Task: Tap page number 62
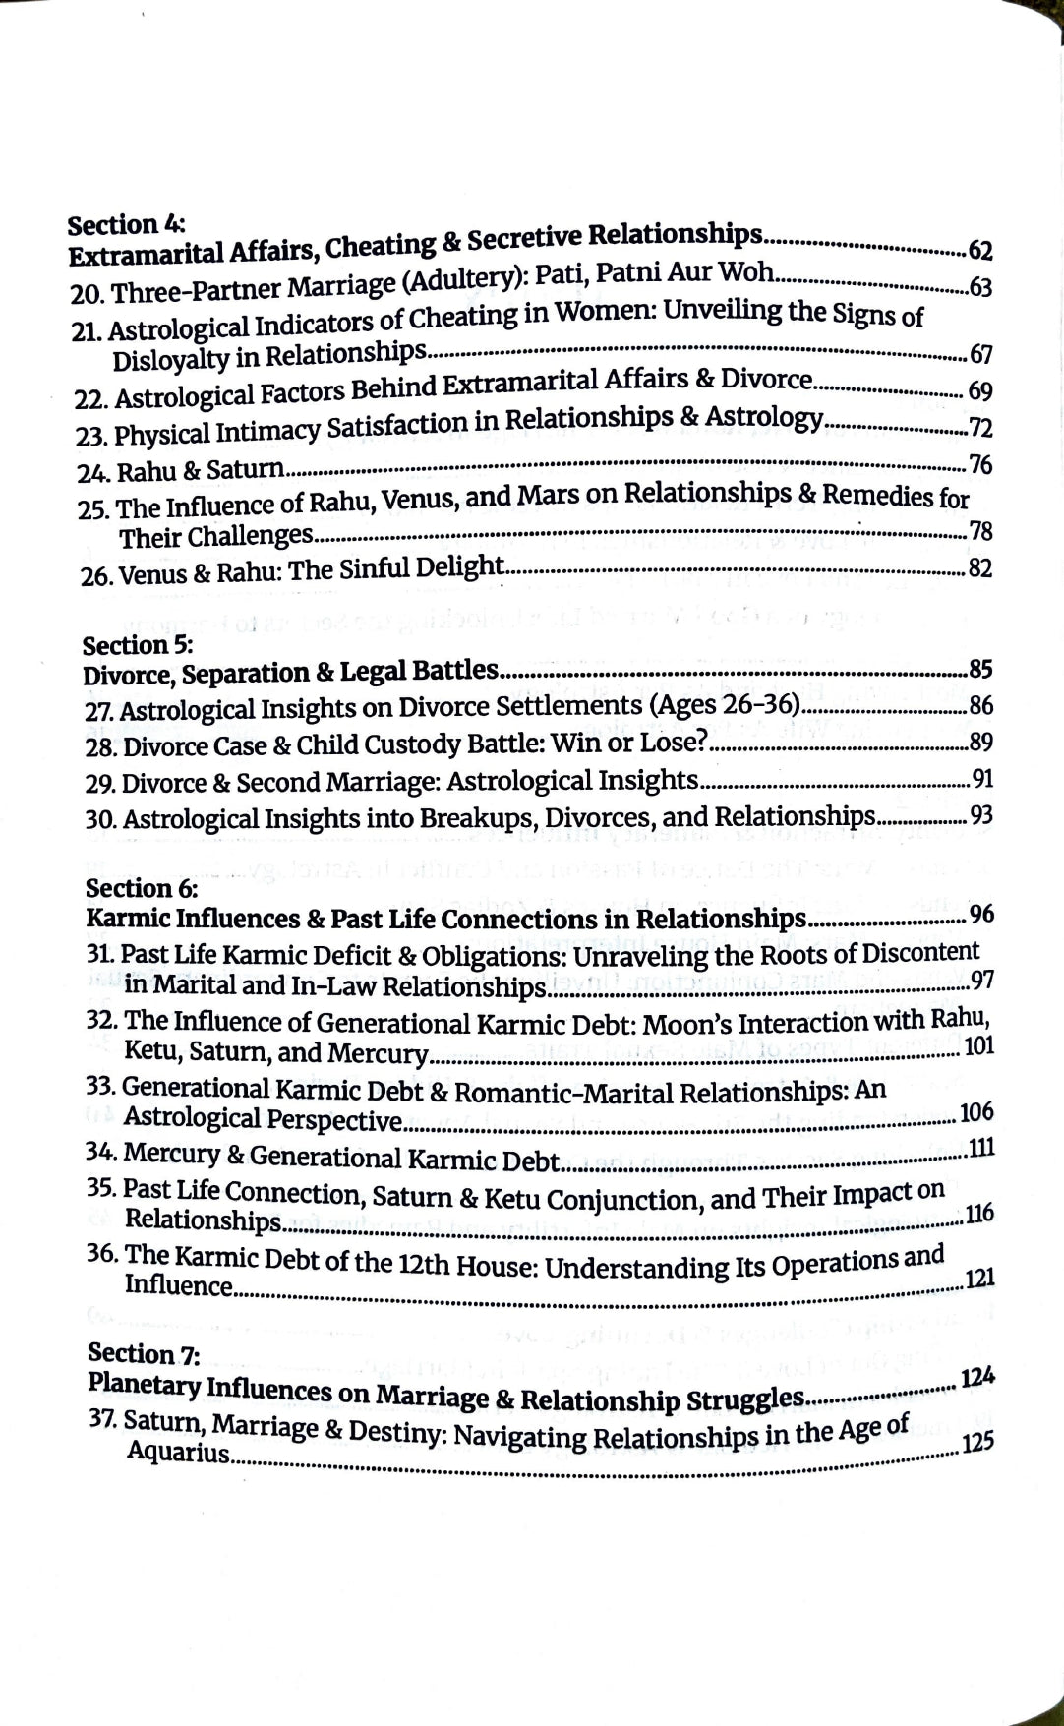pos(980,251)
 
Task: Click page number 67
pos(980,354)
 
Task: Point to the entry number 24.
pos(93,473)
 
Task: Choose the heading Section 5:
pos(138,645)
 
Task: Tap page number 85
pos(980,670)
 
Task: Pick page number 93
pos(980,815)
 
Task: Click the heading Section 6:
pos(142,888)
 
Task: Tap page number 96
pos(981,915)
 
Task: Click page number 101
pos(978,1044)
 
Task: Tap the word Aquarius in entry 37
pos(178,1452)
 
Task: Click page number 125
pos(978,1442)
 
